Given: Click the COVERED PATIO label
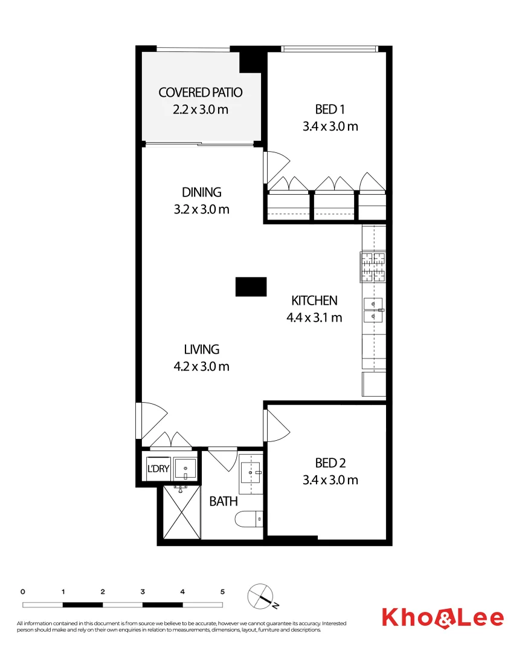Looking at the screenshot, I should tap(201, 93).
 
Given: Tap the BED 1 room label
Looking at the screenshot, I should tap(330, 109).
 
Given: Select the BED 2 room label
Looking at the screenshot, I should tap(330, 463).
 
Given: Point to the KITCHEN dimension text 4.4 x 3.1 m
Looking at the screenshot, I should tap(314, 317).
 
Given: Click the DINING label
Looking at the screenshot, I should tap(202, 192).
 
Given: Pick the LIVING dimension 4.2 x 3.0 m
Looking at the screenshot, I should tap(202, 366).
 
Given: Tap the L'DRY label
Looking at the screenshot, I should tap(158, 468).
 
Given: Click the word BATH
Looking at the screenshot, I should tap(224, 501).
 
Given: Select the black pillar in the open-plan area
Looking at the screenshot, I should tap(251, 287).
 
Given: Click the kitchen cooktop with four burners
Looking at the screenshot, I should tap(373, 267).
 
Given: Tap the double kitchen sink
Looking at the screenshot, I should tap(373, 309).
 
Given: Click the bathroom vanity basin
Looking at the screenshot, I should tap(251, 470).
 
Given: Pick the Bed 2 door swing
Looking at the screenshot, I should tap(275, 424).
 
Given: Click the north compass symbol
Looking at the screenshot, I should tap(262, 597).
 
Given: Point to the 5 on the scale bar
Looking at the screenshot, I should tap(222, 591).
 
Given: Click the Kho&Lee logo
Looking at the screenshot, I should tap(442, 617).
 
